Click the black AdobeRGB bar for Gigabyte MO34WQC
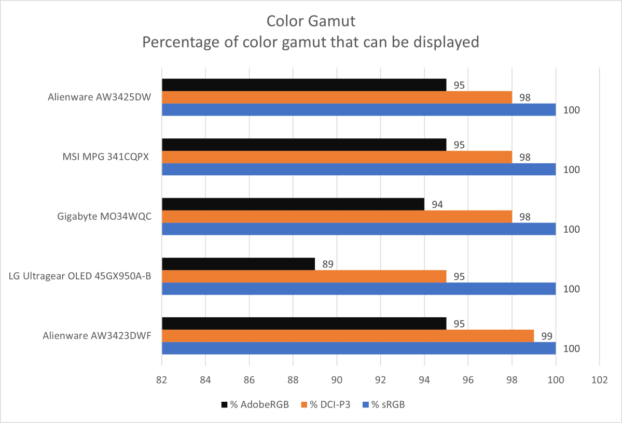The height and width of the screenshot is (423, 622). coord(293,204)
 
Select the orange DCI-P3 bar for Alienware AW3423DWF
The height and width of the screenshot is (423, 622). coord(348,336)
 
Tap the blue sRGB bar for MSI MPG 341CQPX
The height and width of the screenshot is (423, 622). coord(358,170)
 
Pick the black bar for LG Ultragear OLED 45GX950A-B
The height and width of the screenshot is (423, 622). coord(238,264)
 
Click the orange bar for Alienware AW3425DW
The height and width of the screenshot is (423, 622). coord(337,97)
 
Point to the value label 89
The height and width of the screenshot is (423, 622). coord(327,264)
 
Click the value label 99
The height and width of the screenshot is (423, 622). coord(547,336)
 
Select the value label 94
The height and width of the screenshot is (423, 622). coord(437,205)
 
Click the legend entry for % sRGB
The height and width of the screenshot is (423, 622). coord(383,405)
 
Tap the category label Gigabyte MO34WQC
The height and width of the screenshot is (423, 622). coord(104,217)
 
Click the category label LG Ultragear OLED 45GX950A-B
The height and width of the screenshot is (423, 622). coord(80,276)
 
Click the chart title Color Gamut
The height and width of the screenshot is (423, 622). coord(311,21)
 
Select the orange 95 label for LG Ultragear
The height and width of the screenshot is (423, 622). coord(459,277)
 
